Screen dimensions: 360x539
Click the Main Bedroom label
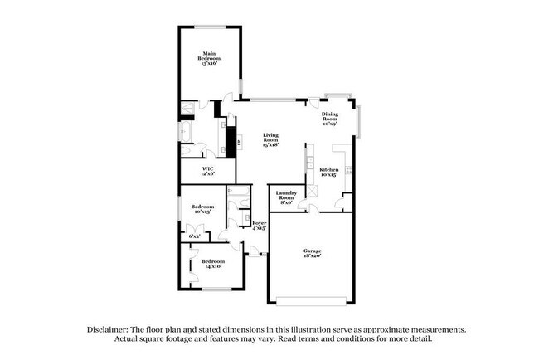[210, 59]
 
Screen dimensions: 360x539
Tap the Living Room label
[270, 139]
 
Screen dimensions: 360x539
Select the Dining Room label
[330, 119]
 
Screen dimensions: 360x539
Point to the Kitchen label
[329, 172]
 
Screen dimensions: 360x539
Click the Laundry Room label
[285, 197]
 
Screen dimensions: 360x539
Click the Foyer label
[260, 225]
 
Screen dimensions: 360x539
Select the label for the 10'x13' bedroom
[203, 209]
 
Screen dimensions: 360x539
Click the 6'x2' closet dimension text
[195, 236]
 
